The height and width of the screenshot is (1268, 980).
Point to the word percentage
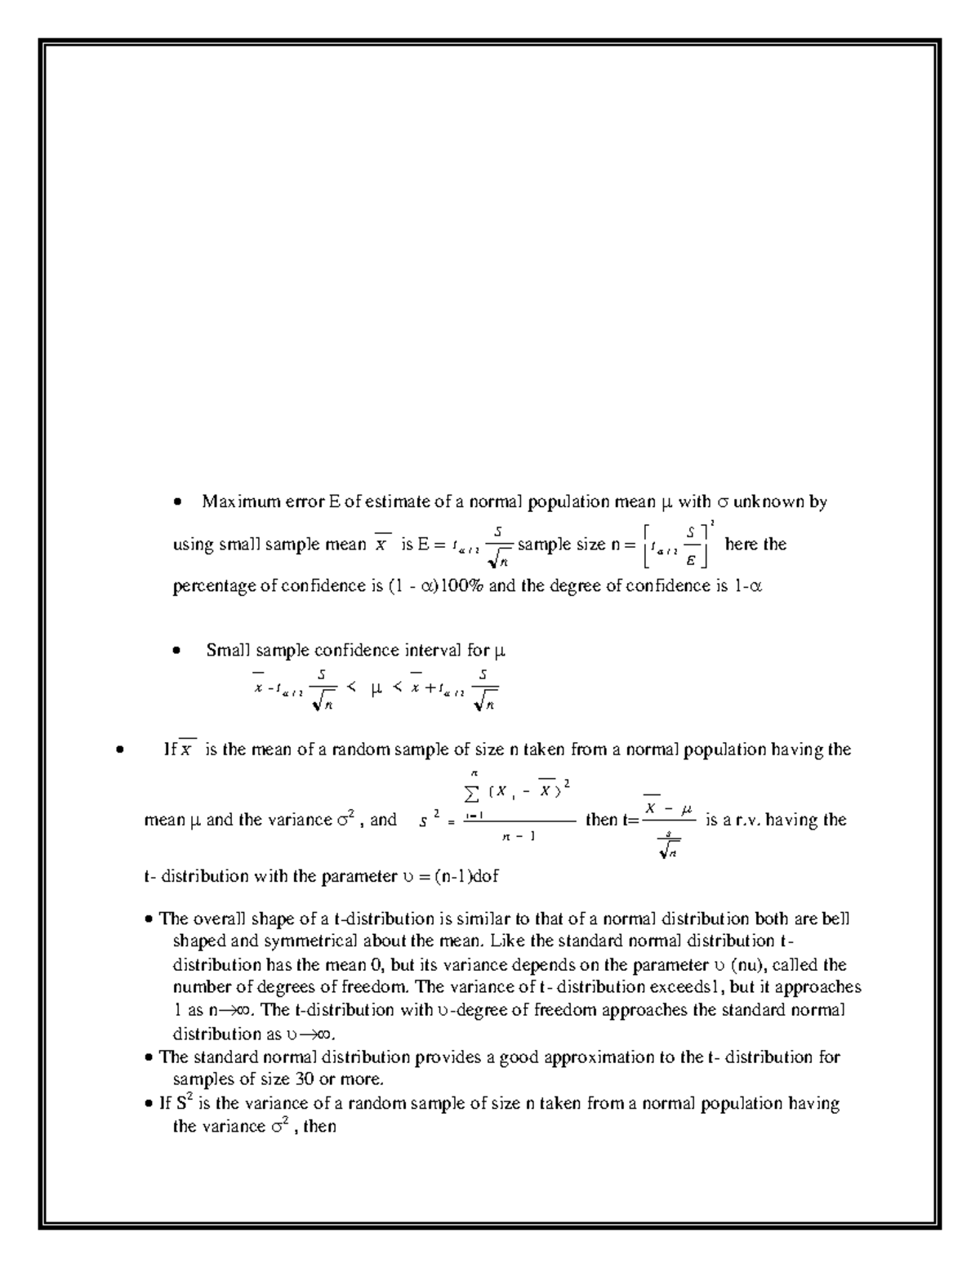215,585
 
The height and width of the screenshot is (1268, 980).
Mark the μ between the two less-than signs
376,690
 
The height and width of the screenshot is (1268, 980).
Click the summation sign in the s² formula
472,789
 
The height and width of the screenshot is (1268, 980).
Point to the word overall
219,919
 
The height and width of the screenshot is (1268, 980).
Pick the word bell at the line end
835,919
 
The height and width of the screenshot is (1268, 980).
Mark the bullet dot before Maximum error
177,503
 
